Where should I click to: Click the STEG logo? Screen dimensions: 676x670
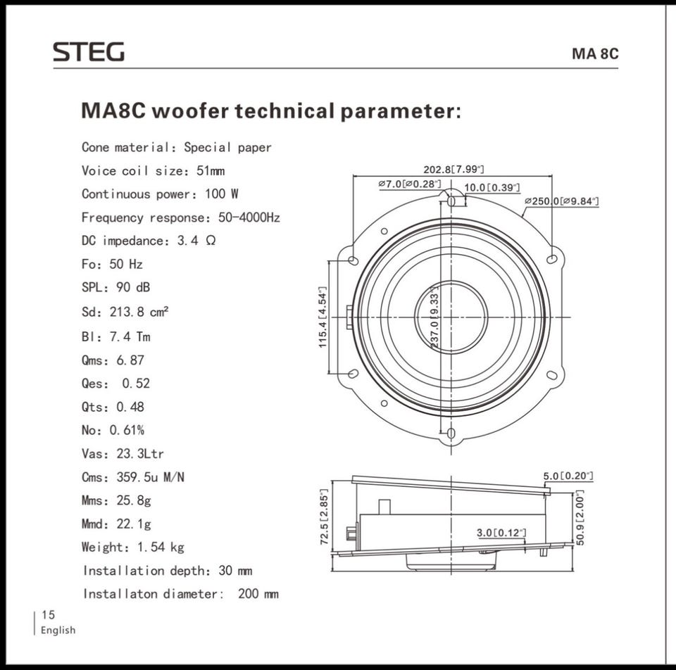coord(89,51)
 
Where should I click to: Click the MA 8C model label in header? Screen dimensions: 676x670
coord(595,54)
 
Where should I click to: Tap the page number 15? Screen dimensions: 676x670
coord(48,614)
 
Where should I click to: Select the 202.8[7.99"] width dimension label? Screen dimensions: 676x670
coord(453,170)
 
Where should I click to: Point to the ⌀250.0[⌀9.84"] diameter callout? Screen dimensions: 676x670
coord(562,201)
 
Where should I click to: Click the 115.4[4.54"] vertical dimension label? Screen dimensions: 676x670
coord(323,317)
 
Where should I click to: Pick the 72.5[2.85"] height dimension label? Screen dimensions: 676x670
coord(325,517)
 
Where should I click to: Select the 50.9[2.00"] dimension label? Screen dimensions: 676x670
coord(580,517)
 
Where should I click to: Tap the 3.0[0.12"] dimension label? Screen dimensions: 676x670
coord(501,533)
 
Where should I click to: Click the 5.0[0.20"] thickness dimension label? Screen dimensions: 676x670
coord(568,476)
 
